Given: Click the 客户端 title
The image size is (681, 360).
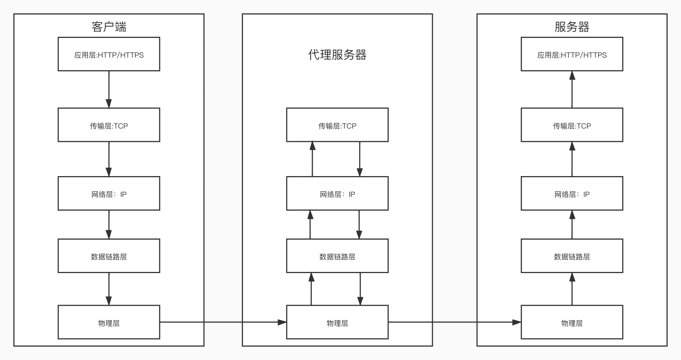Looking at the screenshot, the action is point(109,27).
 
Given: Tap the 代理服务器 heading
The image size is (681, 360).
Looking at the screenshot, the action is point(337,55).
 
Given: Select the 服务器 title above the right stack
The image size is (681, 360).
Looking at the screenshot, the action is point(572,27).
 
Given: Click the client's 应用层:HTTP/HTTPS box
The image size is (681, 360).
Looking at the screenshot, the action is point(109,54).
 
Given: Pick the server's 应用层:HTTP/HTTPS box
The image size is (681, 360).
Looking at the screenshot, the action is point(572,54).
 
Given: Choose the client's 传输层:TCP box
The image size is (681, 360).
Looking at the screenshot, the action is point(109,125).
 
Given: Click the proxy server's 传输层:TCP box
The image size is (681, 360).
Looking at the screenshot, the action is point(337,125).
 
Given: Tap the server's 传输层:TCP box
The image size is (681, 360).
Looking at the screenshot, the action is point(572,125).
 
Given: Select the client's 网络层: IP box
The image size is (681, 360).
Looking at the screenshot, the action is point(109,193).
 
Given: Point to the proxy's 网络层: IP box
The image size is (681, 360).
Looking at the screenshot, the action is point(337,193).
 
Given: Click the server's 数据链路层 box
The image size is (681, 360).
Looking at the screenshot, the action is point(572,256).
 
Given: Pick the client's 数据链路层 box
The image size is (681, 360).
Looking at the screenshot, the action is point(109,256).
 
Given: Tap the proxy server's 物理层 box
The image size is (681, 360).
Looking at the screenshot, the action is point(337,322).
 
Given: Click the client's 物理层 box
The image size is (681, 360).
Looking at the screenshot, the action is point(109,322).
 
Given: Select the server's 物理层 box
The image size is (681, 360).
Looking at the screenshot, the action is point(572,322).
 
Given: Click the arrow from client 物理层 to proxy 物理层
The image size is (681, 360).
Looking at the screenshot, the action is point(223,322).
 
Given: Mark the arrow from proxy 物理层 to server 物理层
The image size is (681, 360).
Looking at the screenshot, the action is point(455,322).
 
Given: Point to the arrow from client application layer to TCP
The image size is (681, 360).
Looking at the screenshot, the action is point(109,90).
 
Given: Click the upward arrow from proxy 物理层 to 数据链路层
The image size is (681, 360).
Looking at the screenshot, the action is point(311,289).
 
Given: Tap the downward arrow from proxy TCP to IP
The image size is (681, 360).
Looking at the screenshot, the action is point(360,159).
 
